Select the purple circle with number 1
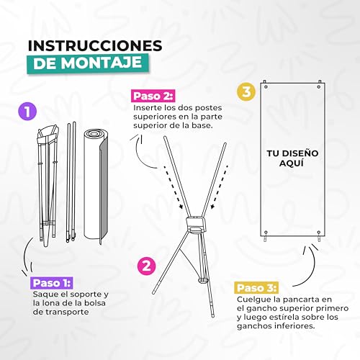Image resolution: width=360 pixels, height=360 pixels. click(x=27, y=112)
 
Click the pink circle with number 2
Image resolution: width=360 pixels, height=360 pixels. click(x=146, y=265)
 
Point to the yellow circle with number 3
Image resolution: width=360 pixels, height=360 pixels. click(x=247, y=92)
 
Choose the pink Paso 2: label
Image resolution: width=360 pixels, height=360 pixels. click(x=153, y=96)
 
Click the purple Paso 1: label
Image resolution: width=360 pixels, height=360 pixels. click(x=53, y=283)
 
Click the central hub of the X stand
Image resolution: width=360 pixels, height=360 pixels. click(x=194, y=221)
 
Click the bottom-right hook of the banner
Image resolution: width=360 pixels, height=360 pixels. click(x=319, y=233)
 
